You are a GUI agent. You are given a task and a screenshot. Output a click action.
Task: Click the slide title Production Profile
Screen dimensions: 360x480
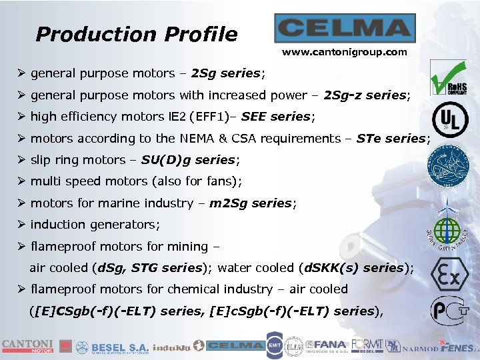coord(137,34)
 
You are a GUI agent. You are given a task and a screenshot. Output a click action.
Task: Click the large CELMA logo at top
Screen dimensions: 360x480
coord(345,29)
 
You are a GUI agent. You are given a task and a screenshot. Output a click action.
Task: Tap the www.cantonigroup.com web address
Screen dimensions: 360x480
coord(345,52)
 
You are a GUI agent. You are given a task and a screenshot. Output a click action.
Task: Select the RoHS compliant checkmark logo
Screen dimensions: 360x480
coord(447,77)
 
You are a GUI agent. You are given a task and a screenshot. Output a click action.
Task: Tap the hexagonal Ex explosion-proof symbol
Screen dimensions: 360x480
coord(449,275)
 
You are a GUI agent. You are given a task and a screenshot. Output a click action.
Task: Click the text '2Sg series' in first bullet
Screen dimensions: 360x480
coord(226,73)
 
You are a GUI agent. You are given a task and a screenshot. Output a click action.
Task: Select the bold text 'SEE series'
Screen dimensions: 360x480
coord(275,117)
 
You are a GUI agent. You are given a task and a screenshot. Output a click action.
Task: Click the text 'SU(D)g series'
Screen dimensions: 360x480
coord(189,160)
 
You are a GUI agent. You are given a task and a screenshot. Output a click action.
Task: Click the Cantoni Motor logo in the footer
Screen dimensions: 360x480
coord(27,345)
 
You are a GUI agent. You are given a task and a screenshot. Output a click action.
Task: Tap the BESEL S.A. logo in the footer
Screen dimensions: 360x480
coord(112,347)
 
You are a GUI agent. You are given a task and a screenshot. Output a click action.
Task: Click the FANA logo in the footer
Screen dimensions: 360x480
coord(327,346)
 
